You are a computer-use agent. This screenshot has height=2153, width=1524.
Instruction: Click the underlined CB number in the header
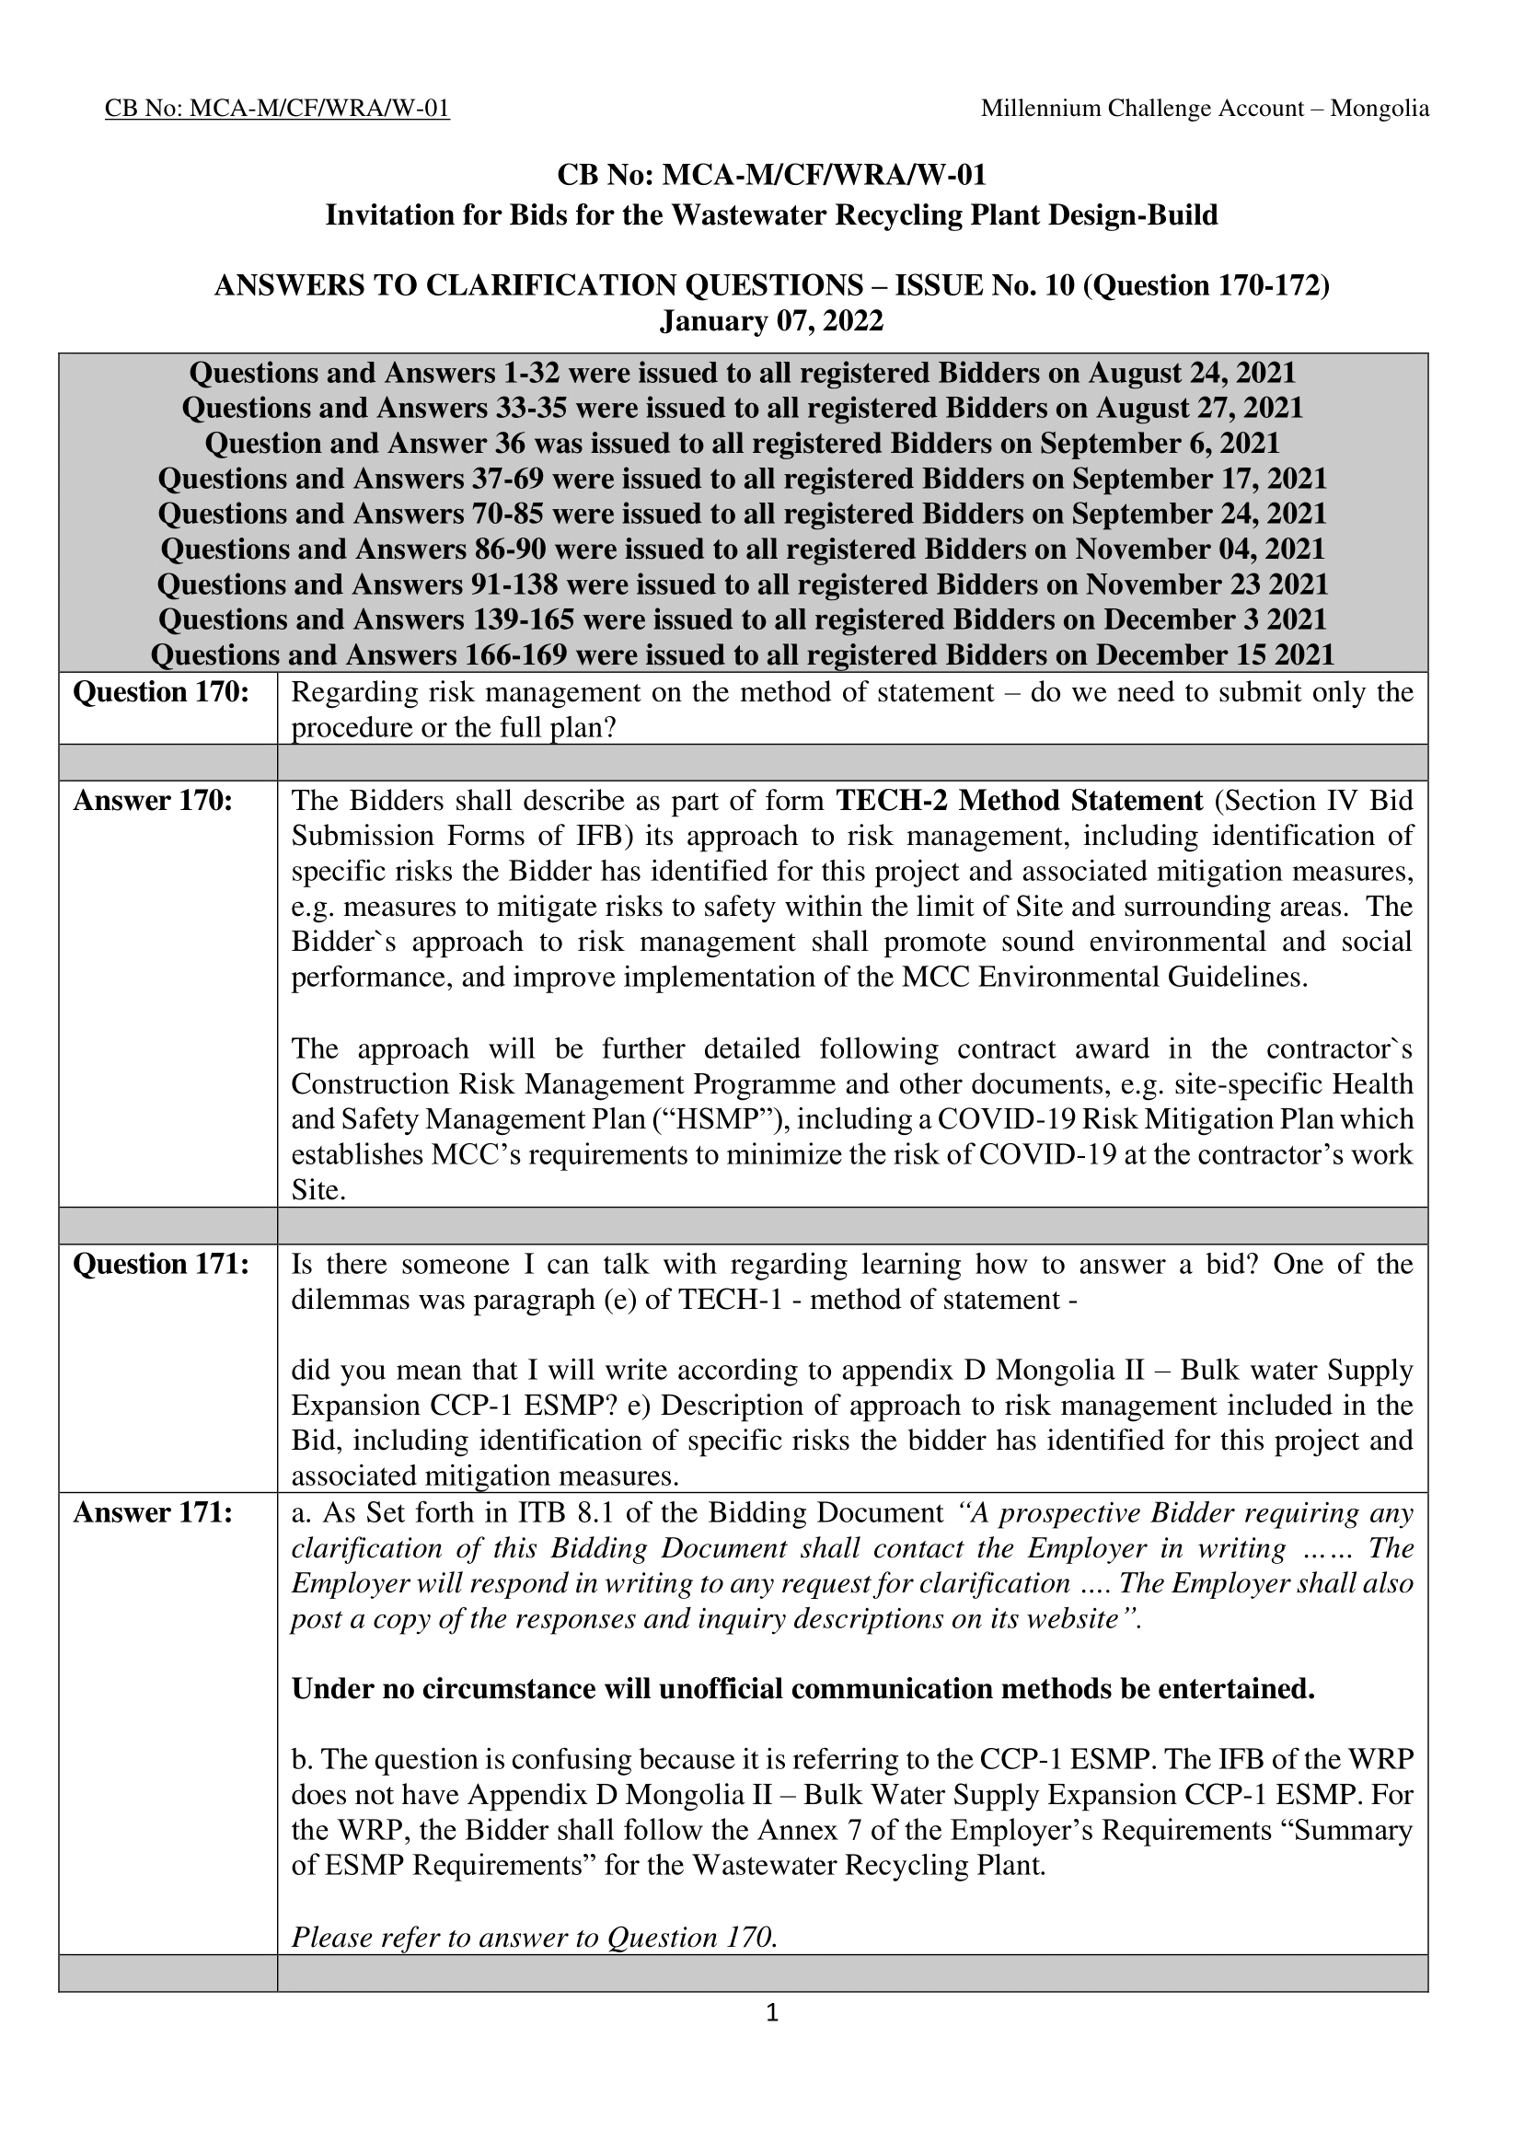click(277, 109)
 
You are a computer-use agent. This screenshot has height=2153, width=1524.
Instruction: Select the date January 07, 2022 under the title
click(771, 321)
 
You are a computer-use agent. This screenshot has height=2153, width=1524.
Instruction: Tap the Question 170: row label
click(160, 692)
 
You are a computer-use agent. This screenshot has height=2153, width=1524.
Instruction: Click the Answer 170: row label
click(153, 801)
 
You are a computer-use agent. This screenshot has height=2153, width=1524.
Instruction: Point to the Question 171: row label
click(160, 1264)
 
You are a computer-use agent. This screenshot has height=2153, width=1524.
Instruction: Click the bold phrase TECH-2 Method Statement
click(1019, 801)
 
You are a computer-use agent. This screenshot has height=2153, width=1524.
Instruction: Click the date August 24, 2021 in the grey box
click(1192, 374)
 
